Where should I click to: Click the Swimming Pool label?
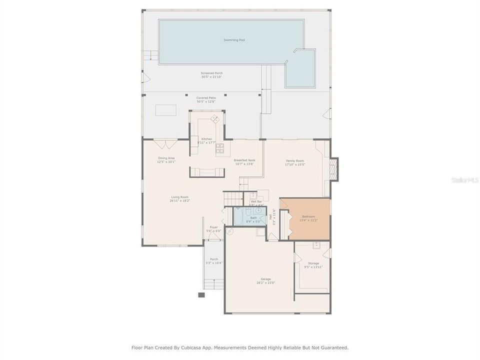(x=234, y=40)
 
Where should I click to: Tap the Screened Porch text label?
(x=211, y=73)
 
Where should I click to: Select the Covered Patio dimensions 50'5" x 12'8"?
(x=205, y=102)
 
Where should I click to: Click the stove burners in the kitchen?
(x=219, y=147)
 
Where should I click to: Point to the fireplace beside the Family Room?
(x=334, y=169)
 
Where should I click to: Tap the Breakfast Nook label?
(x=244, y=160)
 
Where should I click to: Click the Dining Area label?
(x=166, y=158)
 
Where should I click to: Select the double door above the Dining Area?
(x=165, y=144)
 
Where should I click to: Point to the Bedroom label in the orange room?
(x=308, y=216)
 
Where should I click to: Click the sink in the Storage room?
(x=316, y=245)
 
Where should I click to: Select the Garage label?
(x=265, y=279)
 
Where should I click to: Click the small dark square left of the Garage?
(x=201, y=295)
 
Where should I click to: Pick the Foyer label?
(x=213, y=227)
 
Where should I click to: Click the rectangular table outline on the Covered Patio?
(x=165, y=110)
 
